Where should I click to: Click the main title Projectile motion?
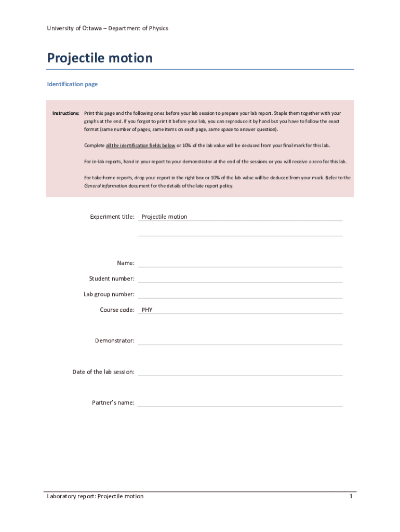100,58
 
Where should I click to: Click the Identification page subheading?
72,84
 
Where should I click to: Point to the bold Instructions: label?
65,113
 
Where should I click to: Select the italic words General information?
105,185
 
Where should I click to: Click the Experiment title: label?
112,217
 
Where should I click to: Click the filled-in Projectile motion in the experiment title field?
164,217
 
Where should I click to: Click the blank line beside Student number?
240,280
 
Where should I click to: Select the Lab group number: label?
109,295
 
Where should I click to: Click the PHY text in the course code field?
147,310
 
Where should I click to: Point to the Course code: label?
117,310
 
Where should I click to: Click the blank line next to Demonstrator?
240,341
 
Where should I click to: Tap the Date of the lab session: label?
103,372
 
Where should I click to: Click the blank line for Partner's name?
240,403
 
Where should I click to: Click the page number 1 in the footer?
351,497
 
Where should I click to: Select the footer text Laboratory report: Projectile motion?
95,497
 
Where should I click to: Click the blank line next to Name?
240,264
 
